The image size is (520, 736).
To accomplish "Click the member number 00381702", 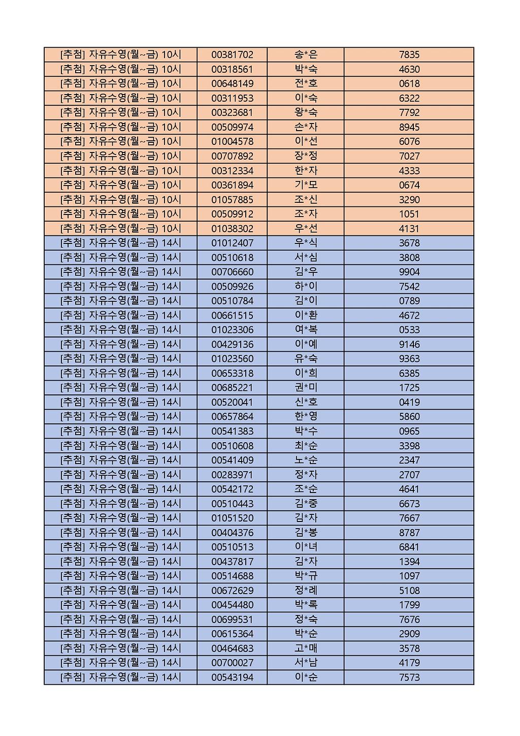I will (x=232, y=55).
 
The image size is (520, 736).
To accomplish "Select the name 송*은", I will (x=306, y=55).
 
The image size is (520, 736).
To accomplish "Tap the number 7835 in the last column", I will (x=409, y=55).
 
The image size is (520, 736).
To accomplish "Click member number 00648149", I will (x=232, y=84).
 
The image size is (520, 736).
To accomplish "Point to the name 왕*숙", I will (x=306, y=113).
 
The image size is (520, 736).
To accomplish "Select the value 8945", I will (x=409, y=127).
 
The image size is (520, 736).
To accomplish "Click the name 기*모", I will (x=306, y=185).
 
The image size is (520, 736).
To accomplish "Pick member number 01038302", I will (x=232, y=229).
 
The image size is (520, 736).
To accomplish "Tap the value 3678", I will (x=409, y=243).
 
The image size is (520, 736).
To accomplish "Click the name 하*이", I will (x=306, y=287).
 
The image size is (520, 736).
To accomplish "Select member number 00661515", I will (x=232, y=316).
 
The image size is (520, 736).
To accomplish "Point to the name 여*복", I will (x=306, y=330).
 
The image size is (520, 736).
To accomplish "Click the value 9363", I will (x=409, y=359).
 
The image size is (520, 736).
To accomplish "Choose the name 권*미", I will (x=306, y=388).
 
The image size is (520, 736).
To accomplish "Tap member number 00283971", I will (x=232, y=475).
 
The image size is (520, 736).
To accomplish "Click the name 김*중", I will (x=306, y=504).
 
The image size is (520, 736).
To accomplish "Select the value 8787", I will (x=409, y=533).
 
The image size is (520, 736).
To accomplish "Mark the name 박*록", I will (x=306, y=605).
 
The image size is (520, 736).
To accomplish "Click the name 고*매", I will (x=306, y=649).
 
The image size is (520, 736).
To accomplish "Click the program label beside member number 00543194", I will (x=120, y=678).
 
